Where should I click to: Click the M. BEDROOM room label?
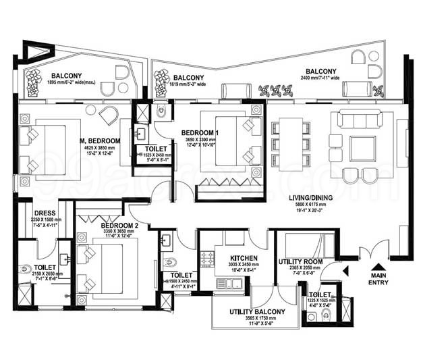(99, 140)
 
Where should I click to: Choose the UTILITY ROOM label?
(300, 261)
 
